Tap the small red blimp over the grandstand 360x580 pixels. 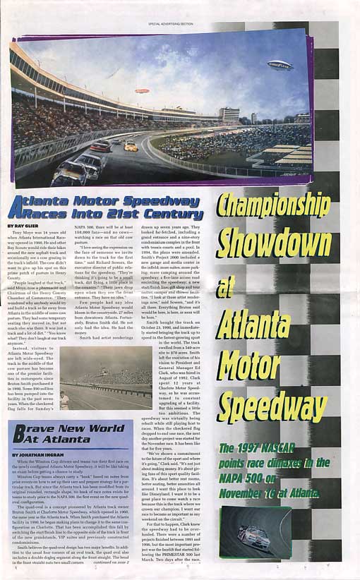[x=142, y=90]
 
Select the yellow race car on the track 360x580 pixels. [x=131, y=146]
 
